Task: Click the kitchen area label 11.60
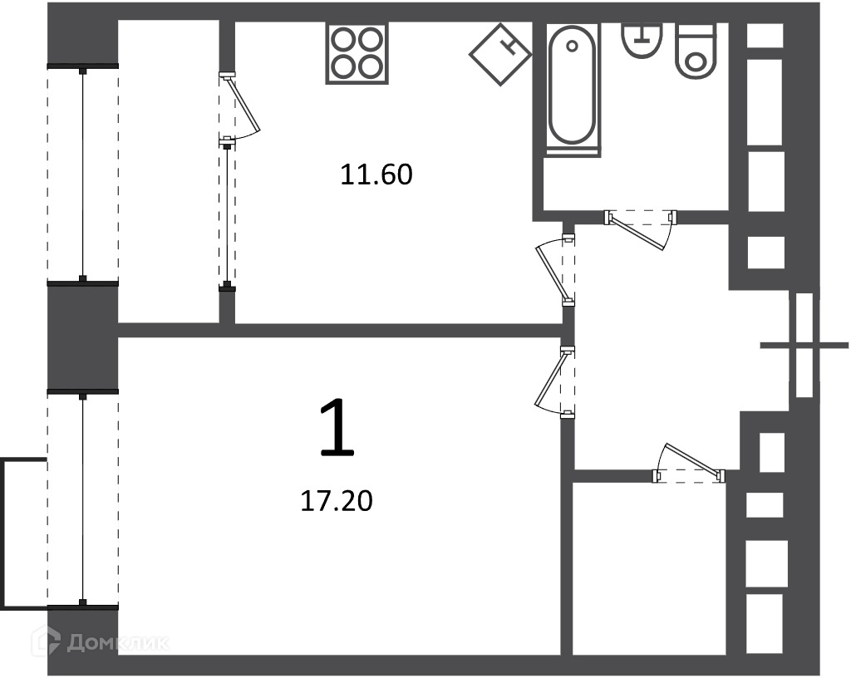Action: pos(376,174)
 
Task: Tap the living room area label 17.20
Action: pos(337,501)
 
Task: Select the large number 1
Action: pos(337,426)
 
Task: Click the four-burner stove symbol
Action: pos(357,53)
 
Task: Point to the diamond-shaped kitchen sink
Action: pos(499,54)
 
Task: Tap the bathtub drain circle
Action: pos(572,47)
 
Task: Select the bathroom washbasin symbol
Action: pos(642,40)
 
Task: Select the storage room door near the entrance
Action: pos(689,463)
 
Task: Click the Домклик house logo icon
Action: pos(47,641)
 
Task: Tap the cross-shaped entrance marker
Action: pos(804,346)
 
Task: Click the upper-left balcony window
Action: pos(82,174)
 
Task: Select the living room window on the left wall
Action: pos(82,499)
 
